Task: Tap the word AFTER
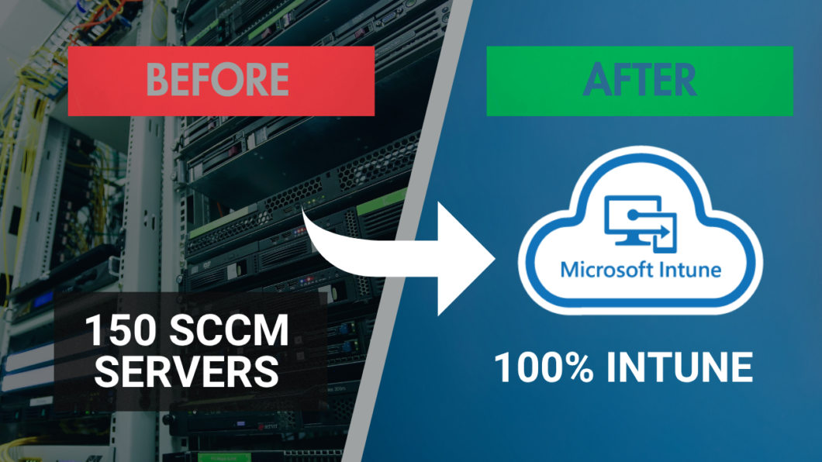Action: click(640, 80)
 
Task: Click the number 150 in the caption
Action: click(119, 332)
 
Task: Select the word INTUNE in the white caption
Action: click(680, 367)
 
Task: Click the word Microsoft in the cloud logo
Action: click(604, 271)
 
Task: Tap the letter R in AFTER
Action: click(684, 80)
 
